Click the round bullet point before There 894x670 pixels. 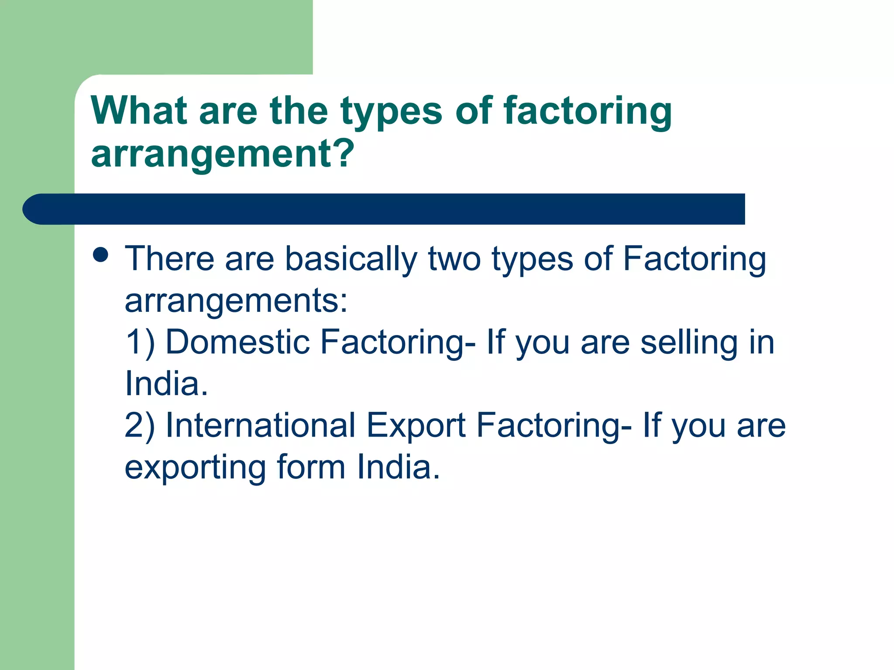(101, 255)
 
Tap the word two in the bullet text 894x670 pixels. (454, 259)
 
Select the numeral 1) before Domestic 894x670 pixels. (140, 342)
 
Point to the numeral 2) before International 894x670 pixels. (140, 425)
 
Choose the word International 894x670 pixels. (261, 425)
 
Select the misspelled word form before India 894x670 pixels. (311, 467)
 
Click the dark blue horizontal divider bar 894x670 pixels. (384, 209)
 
